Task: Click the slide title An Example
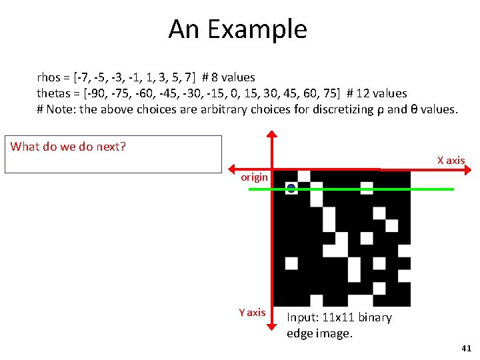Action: pos(237,29)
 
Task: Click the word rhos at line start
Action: pos(49,77)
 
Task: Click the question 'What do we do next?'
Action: pos(68,147)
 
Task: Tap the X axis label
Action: pos(451,160)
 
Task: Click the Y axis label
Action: pos(252,312)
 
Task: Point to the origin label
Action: pos(254,177)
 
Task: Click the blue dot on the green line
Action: pos(291,189)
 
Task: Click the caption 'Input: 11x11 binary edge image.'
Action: pos(339,325)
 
